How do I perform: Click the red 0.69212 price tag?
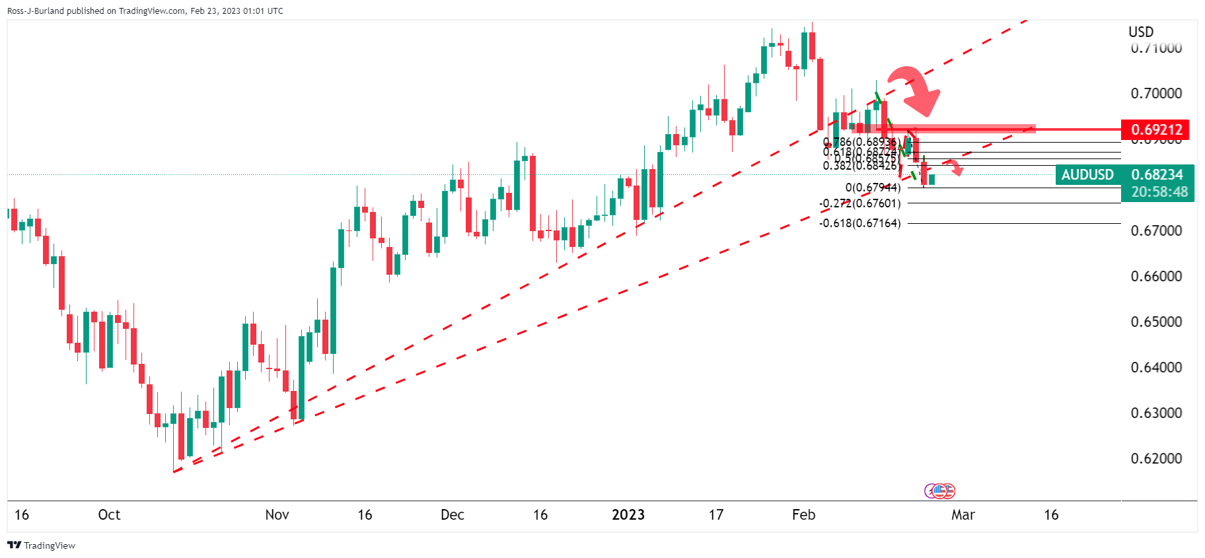(x=1155, y=129)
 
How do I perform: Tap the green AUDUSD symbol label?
(x=1087, y=174)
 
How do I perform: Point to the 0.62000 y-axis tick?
(x=1156, y=458)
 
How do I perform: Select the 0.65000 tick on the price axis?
(x=1156, y=322)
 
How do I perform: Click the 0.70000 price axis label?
(x=1156, y=93)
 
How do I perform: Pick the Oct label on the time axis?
(x=109, y=515)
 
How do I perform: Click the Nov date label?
(x=277, y=515)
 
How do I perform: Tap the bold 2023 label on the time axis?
(x=628, y=515)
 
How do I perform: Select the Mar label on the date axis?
(x=963, y=515)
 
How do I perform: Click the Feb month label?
(x=803, y=515)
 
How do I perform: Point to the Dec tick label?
(x=453, y=515)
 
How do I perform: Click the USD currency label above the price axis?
(x=1141, y=32)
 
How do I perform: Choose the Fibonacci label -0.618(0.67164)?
(x=859, y=223)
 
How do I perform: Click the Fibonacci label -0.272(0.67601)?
(x=859, y=203)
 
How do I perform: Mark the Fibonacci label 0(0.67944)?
(x=873, y=188)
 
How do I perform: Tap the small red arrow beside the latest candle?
(x=953, y=167)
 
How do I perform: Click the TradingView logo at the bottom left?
(x=41, y=545)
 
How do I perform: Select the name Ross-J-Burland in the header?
(x=36, y=11)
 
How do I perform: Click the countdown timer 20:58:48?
(x=1159, y=192)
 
